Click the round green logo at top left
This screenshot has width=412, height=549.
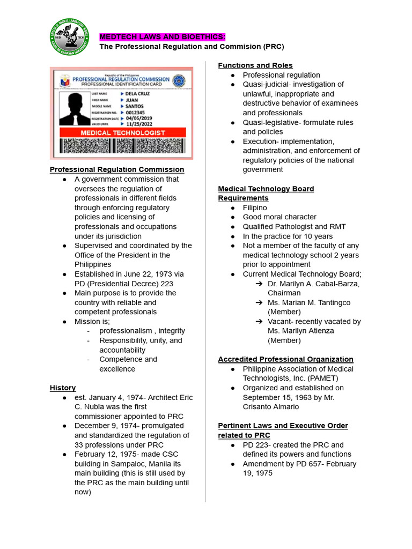[72, 37]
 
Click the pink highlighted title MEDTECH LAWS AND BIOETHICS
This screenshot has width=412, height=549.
[163, 36]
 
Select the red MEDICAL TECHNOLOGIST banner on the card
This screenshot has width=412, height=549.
[122, 132]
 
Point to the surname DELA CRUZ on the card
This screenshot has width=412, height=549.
[138, 93]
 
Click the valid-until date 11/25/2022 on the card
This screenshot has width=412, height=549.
[141, 123]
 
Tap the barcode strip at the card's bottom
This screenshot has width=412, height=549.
[122, 146]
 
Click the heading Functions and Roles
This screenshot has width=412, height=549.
[255, 65]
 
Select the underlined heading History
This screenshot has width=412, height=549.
[63, 388]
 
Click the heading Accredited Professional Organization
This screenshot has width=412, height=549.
[285, 359]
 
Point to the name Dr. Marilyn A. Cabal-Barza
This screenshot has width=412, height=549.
[314, 284]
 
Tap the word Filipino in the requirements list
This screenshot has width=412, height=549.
[255, 207]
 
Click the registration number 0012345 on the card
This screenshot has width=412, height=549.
[138, 112]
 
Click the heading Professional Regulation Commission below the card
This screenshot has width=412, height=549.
[117, 169]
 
